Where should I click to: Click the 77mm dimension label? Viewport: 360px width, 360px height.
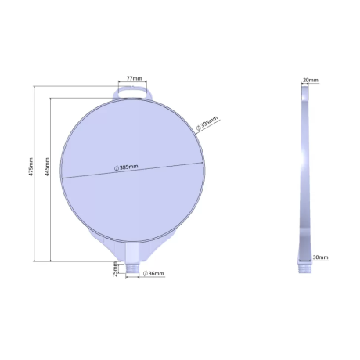[135, 79]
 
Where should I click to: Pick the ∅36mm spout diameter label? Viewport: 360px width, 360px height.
[154, 273]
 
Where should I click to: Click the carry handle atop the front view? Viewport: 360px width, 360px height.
[134, 92]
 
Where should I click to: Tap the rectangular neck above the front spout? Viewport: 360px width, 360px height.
[133, 252]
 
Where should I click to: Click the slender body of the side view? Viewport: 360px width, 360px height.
[304, 172]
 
